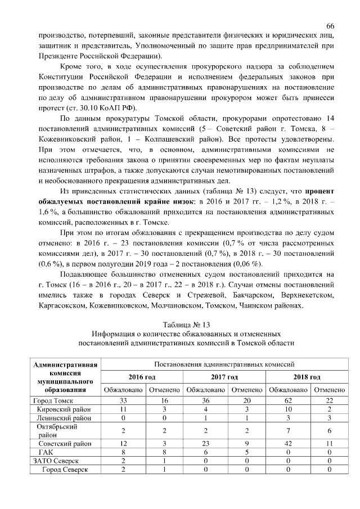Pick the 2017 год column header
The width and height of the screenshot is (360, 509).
224,376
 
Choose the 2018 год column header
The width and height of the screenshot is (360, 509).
307,376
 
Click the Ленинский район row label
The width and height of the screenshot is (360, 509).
64,418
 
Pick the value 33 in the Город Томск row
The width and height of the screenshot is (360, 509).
122,400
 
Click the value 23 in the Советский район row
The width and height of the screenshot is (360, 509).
205,443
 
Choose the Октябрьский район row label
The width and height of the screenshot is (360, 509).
59,430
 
